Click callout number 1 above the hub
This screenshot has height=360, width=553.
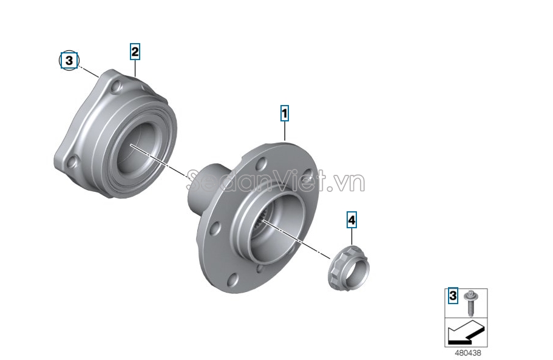point(284,113)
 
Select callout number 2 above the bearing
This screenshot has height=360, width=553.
point(135,52)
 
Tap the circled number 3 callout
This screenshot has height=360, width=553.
point(69,61)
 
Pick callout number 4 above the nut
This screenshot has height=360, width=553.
point(351,220)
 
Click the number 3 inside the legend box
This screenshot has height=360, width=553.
point(453,296)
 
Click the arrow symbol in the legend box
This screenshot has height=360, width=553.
point(466,333)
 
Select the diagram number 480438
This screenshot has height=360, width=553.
point(467,353)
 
